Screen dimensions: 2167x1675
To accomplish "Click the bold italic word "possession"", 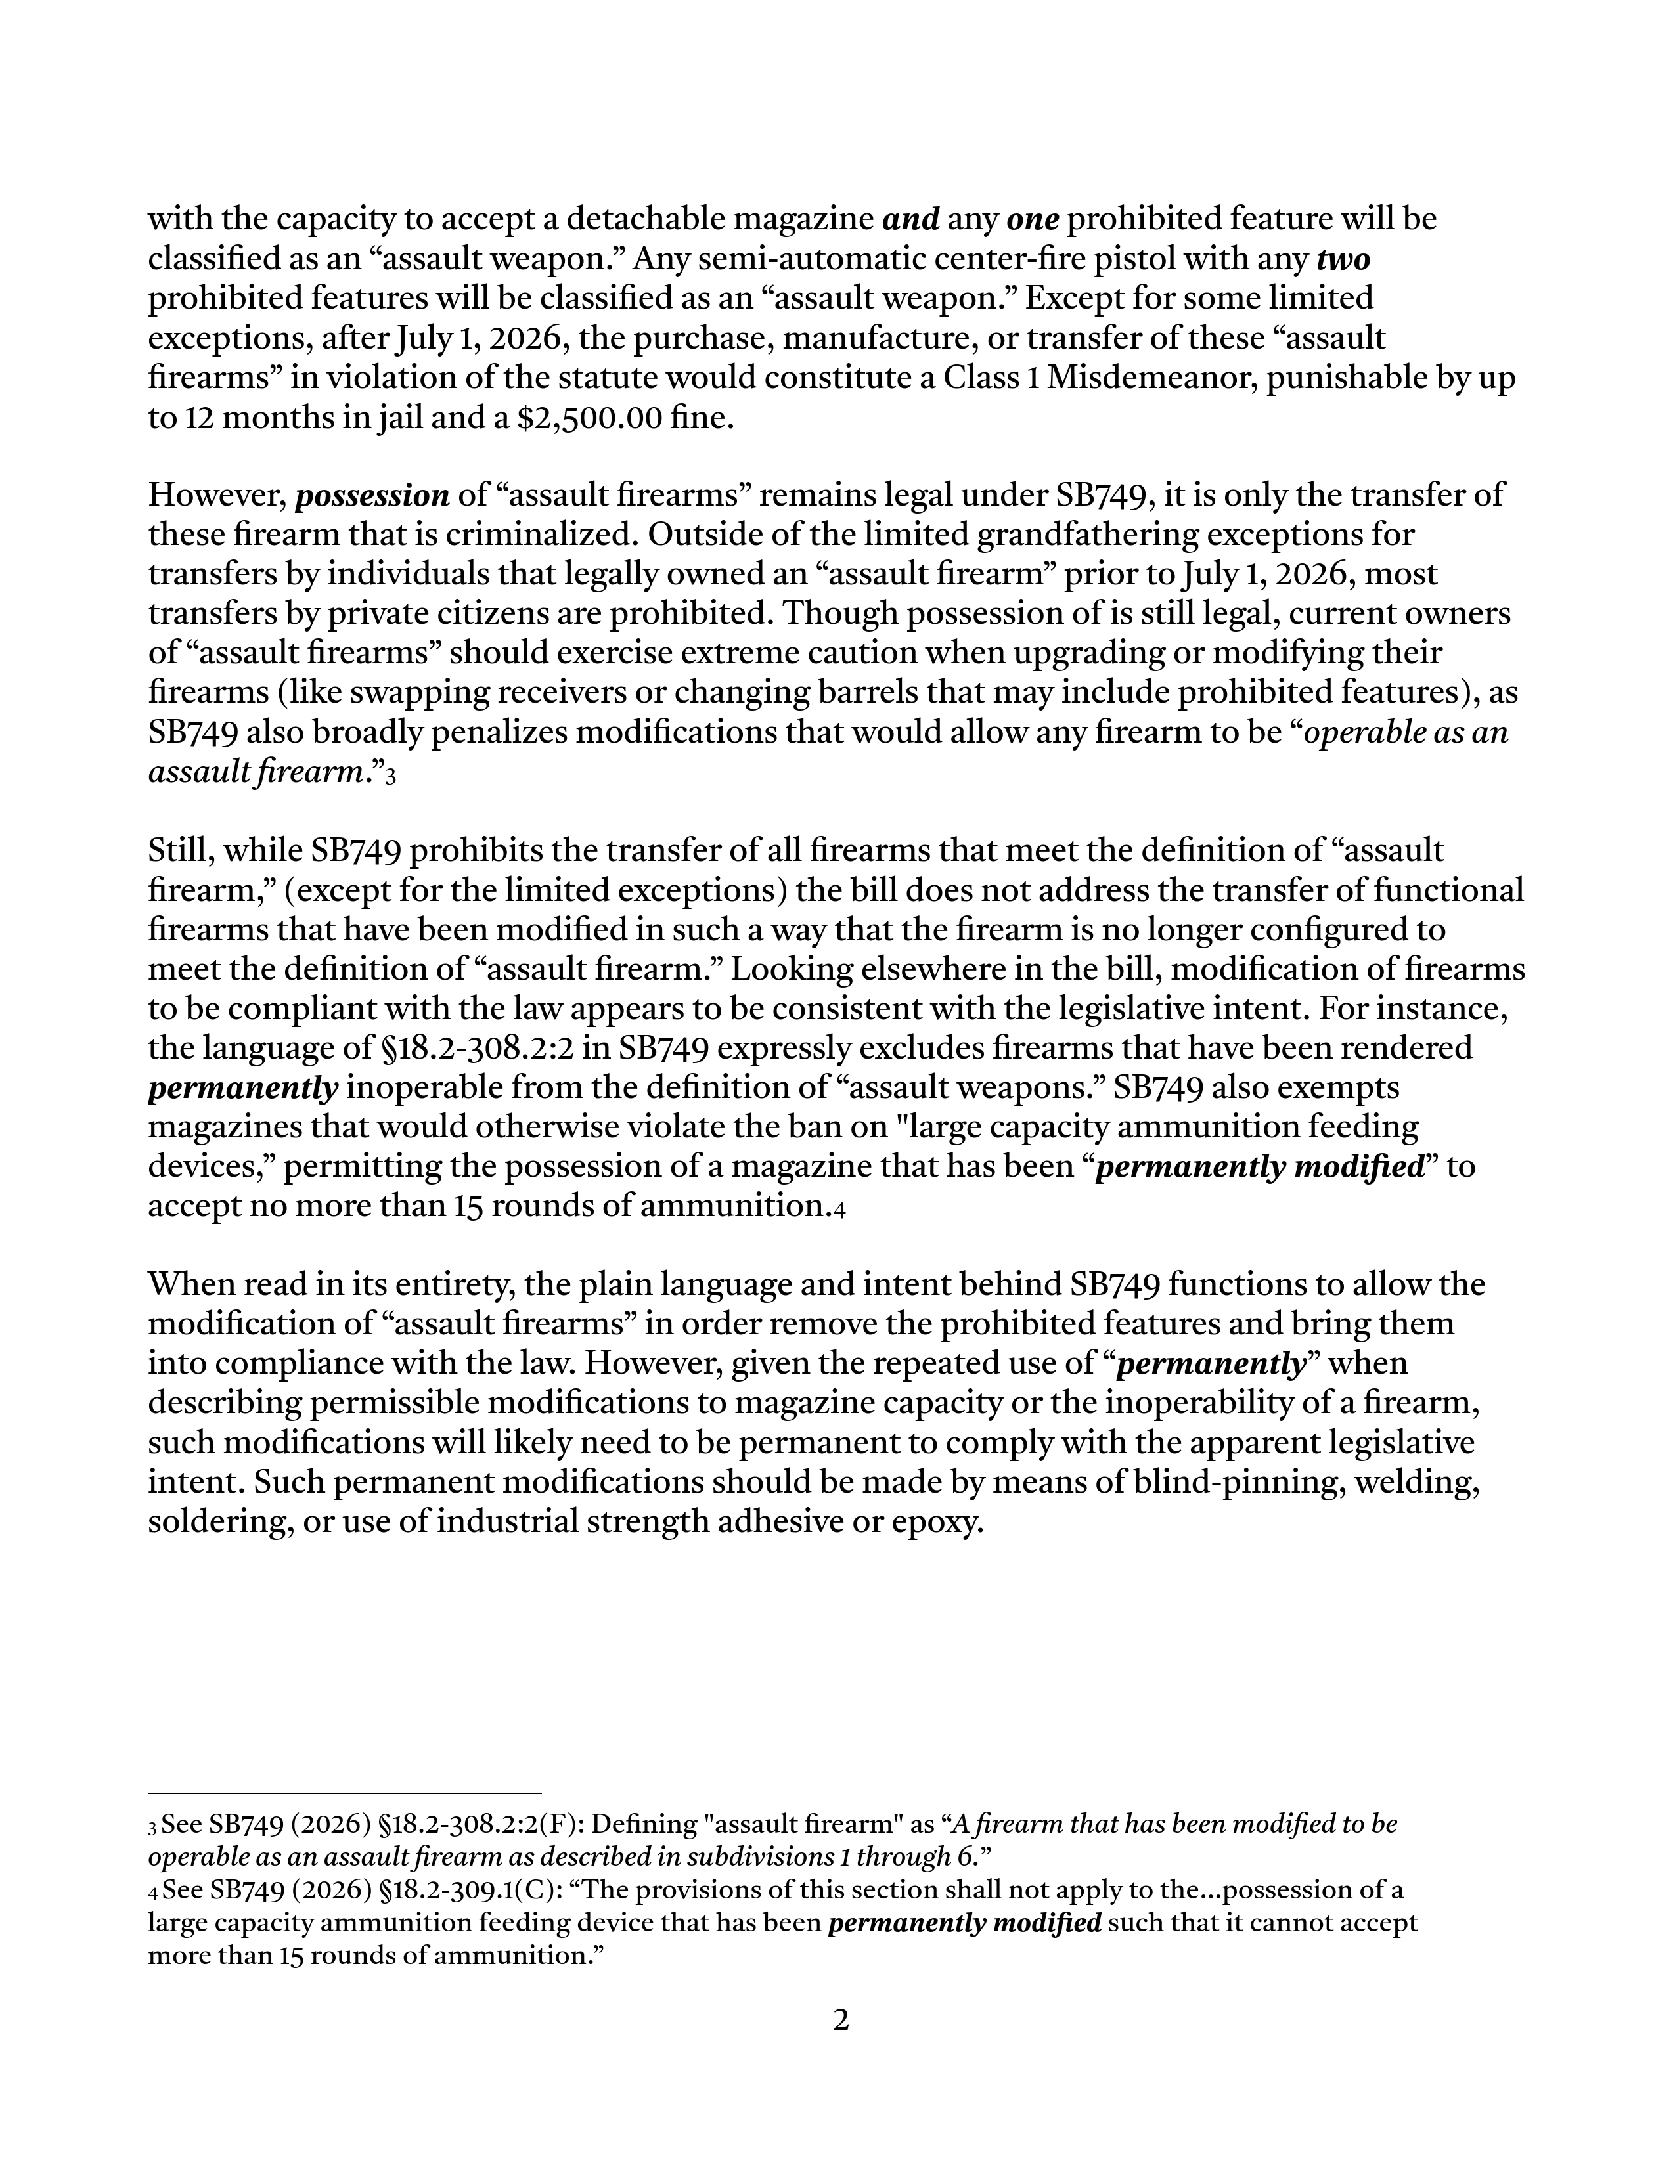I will [x=372, y=495].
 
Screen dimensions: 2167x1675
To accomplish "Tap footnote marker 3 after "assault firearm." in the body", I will [x=391, y=777].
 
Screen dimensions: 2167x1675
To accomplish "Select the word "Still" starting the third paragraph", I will [x=183, y=850].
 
